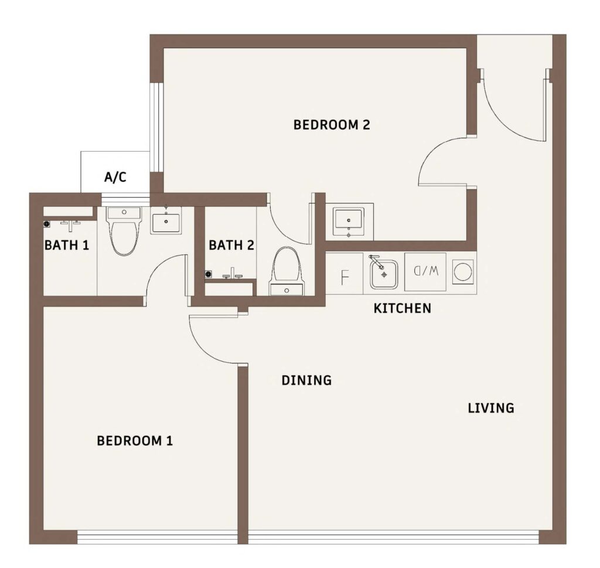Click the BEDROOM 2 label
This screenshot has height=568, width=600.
tap(332, 125)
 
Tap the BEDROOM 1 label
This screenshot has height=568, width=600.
tap(135, 441)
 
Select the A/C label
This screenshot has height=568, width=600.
tap(115, 177)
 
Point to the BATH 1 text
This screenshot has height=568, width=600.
tap(67, 245)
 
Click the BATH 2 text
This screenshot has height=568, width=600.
tap(231, 245)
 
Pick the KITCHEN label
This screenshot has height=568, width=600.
tap(402, 308)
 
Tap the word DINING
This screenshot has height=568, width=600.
tap(306, 380)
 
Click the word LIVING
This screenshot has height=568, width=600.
tap(491, 408)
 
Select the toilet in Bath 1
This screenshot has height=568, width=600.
tap(124, 231)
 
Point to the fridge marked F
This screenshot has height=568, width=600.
tap(345, 273)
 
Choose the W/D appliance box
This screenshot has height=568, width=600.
tap(425, 271)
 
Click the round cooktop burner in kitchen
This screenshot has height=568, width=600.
tap(463, 272)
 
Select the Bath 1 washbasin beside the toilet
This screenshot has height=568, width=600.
tap(166, 220)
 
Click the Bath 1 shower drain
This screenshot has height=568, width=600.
tap(47, 223)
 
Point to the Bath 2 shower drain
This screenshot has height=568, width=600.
tap(209, 274)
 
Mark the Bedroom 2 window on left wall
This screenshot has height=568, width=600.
tap(156, 127)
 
